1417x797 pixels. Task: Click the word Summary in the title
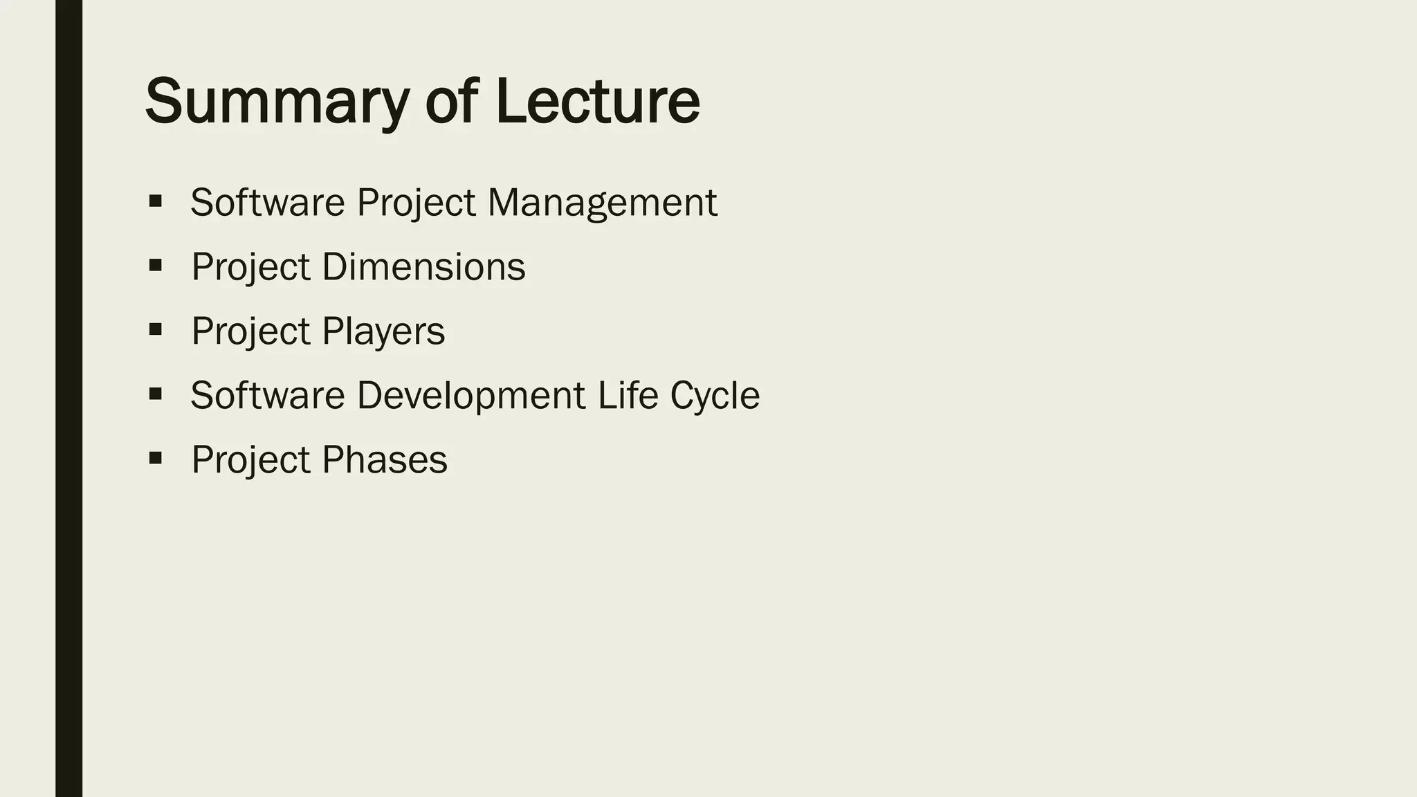coord(277,101)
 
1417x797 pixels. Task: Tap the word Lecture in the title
coord(597,101)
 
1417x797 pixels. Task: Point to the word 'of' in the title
coord(451,101)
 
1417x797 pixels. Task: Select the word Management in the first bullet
coord(602,203)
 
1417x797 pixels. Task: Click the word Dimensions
coord(423,267)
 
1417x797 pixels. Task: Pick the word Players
coord(383,331)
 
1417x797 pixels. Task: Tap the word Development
coord(471,395)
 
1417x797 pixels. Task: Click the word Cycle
coord(715,396)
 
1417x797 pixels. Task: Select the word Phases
coord(385,459)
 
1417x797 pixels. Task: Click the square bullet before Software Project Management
coord(155,201)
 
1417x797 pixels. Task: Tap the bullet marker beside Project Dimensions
coord(155,265)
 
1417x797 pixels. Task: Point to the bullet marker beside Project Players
coord(155,329)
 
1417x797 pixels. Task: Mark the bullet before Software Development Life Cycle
coord(155,394)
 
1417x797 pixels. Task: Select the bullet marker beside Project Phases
coord(155,457)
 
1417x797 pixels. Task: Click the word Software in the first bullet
coord(268,203)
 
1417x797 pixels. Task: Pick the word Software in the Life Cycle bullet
coord(268,395)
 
